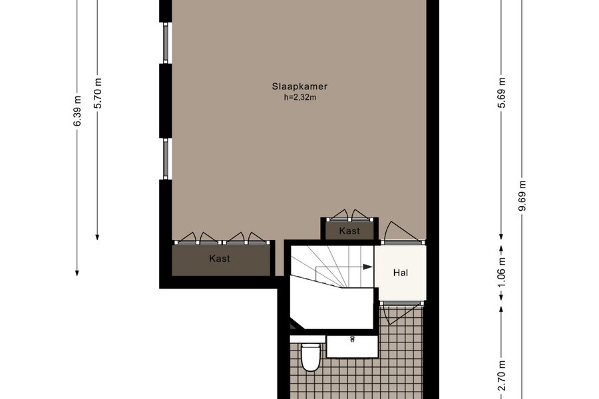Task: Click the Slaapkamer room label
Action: (299, 86)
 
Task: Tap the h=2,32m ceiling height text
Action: (299, 97)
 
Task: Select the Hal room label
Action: (401, 273)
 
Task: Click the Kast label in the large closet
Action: (220, 259)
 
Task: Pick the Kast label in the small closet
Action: (349, 231)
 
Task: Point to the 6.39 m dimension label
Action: (77, 111)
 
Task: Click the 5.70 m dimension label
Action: (98, 93)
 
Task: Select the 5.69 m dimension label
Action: (502, 93)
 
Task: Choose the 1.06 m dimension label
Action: (502, 272)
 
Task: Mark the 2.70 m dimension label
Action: (502, 375)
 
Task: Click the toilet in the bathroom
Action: (310, 357)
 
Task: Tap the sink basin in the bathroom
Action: (352, 346)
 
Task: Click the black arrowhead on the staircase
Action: (367, 267)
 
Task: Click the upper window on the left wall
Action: (166, 43)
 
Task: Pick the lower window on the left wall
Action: (166, 159)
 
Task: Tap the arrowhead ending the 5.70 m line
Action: (97, 237)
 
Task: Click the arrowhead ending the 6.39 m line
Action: (77, 273)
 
